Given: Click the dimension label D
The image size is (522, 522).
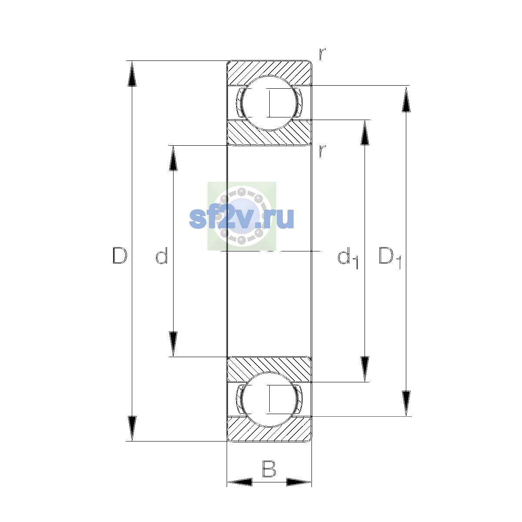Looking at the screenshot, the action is [120, 255].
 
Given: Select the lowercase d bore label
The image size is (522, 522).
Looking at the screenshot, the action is [162, 255].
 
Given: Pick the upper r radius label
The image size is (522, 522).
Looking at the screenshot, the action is [322, 54].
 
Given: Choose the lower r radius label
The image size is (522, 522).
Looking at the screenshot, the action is [322, 151].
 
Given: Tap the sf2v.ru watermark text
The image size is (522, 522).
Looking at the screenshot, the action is [241, 218].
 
